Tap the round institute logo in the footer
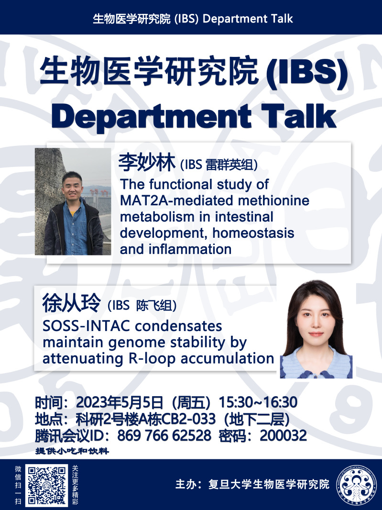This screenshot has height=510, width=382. [x=356, y=485]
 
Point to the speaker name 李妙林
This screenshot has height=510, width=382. [x=147, y=162]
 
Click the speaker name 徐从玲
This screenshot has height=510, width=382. [x=72, y=303]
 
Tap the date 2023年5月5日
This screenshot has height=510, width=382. [x=119, y=402]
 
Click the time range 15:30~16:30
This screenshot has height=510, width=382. [x=258, y=402]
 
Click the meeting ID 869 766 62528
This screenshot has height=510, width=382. [x=164, y=435]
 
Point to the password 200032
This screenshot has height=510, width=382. [x=283, y=435]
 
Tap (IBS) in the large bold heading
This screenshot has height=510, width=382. [x=306, y=72]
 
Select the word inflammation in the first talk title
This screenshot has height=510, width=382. [x=190, y=249]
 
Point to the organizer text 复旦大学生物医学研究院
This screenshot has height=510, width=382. [x=269, y=484]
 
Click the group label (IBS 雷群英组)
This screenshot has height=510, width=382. [x=219, y=165]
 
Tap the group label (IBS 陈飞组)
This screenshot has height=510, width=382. [x=142, y=306]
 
